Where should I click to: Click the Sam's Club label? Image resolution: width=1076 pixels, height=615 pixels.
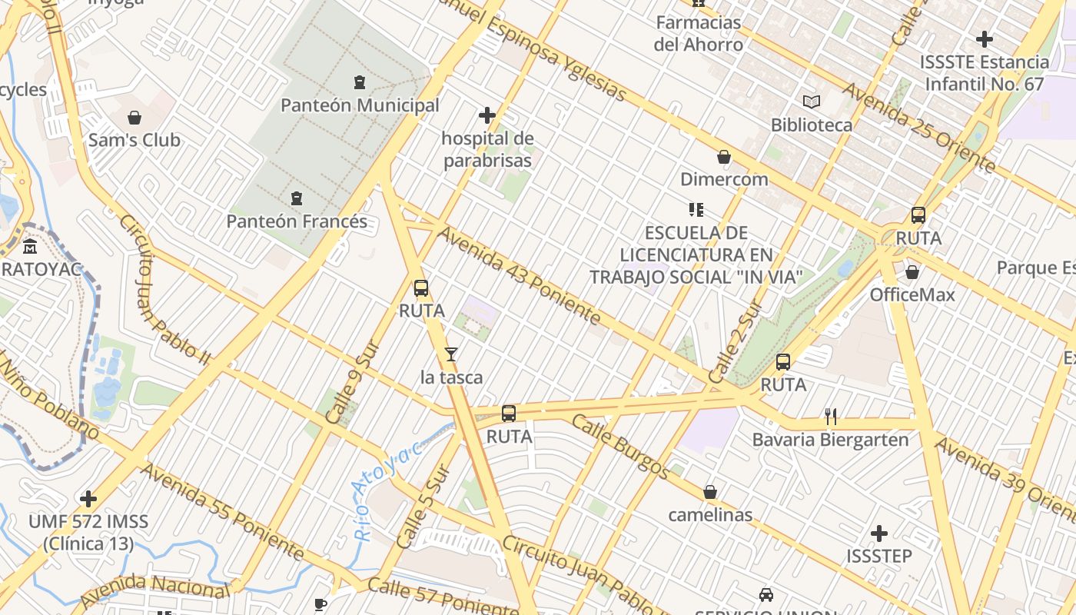pyautogui.click(x=134, y=140)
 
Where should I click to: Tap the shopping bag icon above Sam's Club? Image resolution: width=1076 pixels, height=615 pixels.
pyautogui.click(x=134, y=118)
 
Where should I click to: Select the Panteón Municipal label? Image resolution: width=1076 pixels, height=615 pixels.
pyautogui.click(x=360, y=105)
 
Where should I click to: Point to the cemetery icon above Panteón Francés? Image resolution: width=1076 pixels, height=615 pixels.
pyautogui.click(x=296, y=198)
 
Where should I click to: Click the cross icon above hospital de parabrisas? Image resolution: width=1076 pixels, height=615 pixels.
pyautogui.click(x=487, y=115)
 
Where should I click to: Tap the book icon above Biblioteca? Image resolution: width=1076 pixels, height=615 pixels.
pyautogui.click(x=811, y=101)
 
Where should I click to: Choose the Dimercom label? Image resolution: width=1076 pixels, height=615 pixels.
pyautogui.click(x=724, y=179)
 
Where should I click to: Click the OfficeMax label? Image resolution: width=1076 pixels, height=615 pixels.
pyautogui.click(x=912, y=294)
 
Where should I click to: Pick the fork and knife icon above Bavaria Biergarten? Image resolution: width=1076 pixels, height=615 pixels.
pyautogui.click(x=830, y=417)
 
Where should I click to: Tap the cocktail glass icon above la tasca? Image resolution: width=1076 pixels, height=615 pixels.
pyautogui.click(x=451, y=354)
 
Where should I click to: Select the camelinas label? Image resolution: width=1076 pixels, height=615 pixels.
pyautogui.click(x=710, y=514)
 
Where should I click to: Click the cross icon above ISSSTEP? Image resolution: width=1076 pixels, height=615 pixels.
pyautogui.click(x=879, y=533)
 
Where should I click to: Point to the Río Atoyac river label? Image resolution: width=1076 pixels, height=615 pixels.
pyautogui.click(x=384, y=490)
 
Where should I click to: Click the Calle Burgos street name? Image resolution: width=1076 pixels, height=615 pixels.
pyautogui.click(x=620, y=447)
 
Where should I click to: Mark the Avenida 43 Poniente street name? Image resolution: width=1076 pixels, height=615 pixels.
pyautogui.click(x=519, y=274)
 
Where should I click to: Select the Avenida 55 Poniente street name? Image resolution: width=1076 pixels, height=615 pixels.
pyautogui.click(x=222, y=511)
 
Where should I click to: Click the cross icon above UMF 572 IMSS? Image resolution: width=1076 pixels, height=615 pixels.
pyautogui.click(x=88, y=499)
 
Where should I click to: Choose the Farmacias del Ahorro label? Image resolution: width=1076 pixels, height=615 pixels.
pyautogui.click(x=699, y=33)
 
